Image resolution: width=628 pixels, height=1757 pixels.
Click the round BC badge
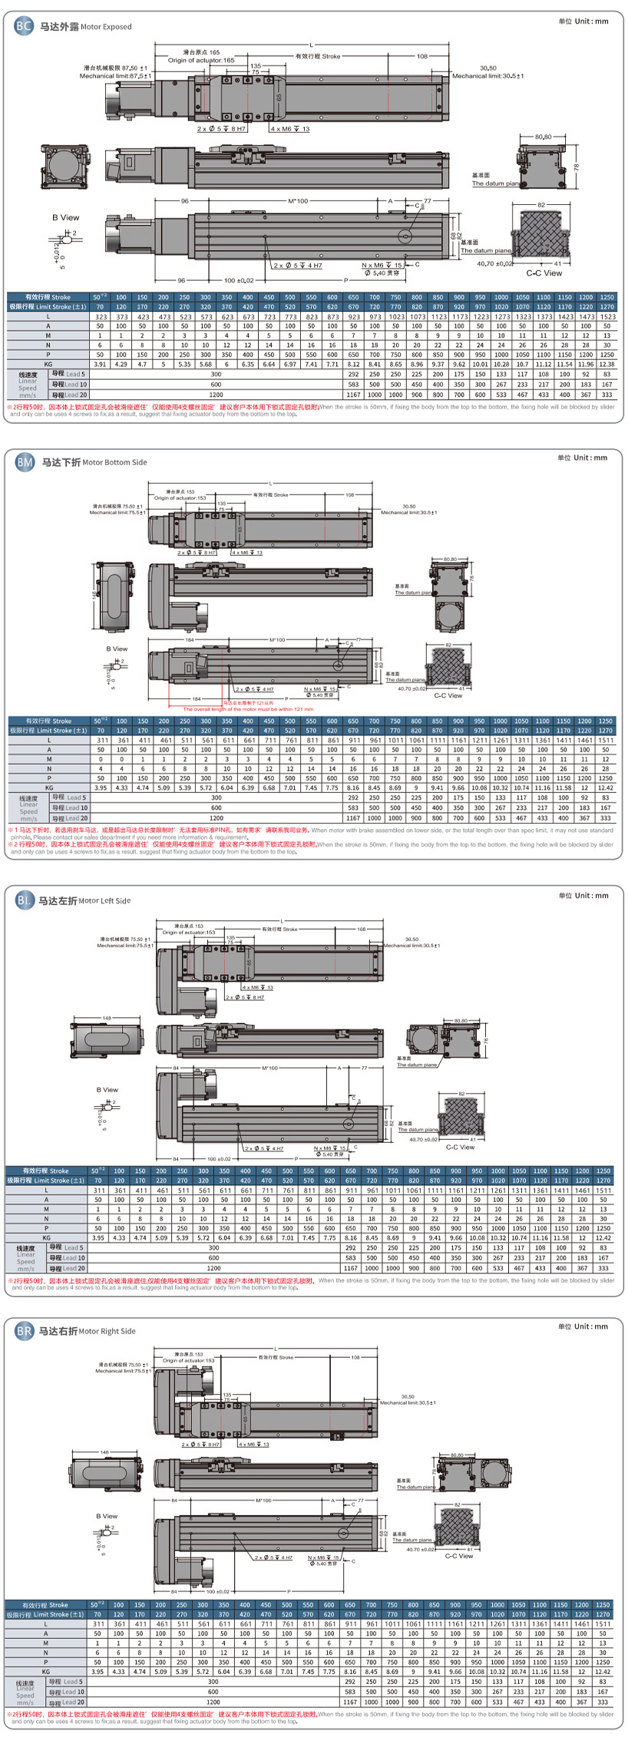click(23, 26)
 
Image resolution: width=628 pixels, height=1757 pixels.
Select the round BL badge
click(25, 900)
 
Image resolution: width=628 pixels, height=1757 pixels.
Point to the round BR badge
click(25, 1330)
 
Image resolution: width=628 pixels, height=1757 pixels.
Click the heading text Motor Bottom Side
click(114, 463)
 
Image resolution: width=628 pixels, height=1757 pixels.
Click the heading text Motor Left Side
click(104, 900)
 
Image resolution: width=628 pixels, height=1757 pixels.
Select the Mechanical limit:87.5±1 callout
click(116, 76)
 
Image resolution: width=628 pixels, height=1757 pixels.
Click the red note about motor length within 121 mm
click(248, 708)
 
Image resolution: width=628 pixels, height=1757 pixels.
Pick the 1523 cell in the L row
click(607, 316)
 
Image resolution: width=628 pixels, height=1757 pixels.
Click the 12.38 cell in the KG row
click(607, 365)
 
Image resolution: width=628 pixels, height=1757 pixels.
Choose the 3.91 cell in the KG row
click(100, 365)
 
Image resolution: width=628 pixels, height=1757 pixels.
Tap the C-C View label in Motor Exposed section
click(544, 272)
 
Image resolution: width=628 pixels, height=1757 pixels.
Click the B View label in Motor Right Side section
click(107, 1516)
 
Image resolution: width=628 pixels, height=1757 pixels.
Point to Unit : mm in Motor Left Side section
click(583, 895)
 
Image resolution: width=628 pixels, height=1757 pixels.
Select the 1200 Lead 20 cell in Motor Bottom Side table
click(216, 818)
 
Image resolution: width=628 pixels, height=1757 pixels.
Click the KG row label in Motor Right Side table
click(46, 1671)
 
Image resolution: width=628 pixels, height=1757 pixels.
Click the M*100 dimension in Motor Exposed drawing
click(298, 201)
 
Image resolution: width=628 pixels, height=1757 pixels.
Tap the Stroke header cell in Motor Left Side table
click(46, 1171)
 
